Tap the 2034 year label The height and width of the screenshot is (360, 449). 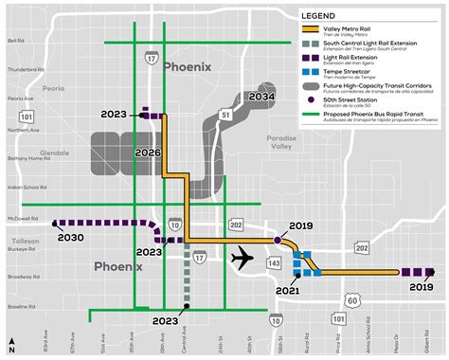click(262, 97)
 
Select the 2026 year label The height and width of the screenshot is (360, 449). click(148, 151)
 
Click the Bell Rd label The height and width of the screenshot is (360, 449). click(16, 41)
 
